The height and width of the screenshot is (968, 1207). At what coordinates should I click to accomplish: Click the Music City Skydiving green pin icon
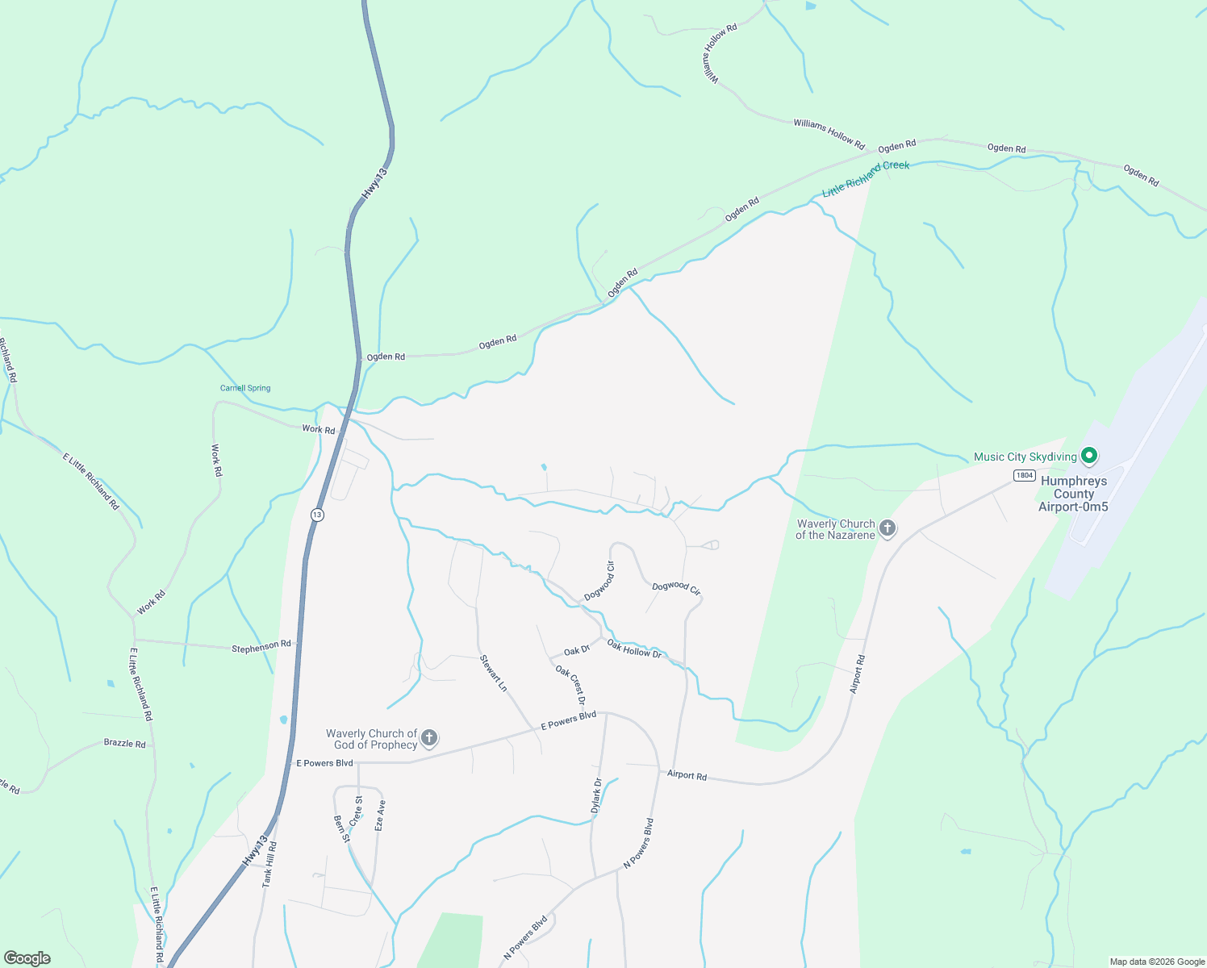pyautogui.click(x=1088, y=457)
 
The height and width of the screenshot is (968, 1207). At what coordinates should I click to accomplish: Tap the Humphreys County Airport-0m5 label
pyautogui.click(x=1073, y=494)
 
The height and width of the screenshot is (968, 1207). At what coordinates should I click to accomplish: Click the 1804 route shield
pyautogui.click(x=1025, y=475)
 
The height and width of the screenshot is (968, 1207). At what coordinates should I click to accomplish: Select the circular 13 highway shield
pyautogui.click(x=317, y=515)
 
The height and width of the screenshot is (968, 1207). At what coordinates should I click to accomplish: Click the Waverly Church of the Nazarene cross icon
pyautogui.click(x=887, y=529)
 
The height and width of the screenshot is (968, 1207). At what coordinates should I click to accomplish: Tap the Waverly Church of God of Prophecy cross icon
pyautogui.click(x=429, y=738)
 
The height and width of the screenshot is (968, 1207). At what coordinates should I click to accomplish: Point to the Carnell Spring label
pyautogui.click(x=245, y=388)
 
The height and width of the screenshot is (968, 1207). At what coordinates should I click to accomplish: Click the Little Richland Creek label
pyautogui.click(x=866, y=178)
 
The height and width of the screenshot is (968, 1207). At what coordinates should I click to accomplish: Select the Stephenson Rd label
pyautogui.click(x=261, y=647)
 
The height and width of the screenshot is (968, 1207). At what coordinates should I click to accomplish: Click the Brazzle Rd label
pyautogui.click(x=124, y=743)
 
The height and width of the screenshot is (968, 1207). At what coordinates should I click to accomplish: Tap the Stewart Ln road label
pyautogui.click(x=493, y=673)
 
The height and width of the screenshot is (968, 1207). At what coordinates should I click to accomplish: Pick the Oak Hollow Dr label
pyautogui.click(x=634, y=649)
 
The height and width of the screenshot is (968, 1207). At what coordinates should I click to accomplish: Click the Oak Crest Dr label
pyautogui.click(x=570, y=685)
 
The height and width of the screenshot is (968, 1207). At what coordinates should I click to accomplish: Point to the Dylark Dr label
pyautogui.click(x=596, y=796)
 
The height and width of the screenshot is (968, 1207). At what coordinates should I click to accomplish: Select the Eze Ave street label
pyautogui.click(x=380, y=816)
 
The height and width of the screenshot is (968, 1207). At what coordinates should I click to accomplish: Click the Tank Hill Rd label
pyautogui.click(x=269, y=865)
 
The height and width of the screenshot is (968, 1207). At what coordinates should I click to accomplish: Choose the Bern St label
pyautogui.click(x=341, y=828)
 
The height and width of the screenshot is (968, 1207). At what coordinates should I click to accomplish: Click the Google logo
pyautogui.click(x=27, y=958)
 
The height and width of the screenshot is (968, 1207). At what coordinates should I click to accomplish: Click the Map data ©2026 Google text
pyautogui.click(x=1156, y=962)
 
